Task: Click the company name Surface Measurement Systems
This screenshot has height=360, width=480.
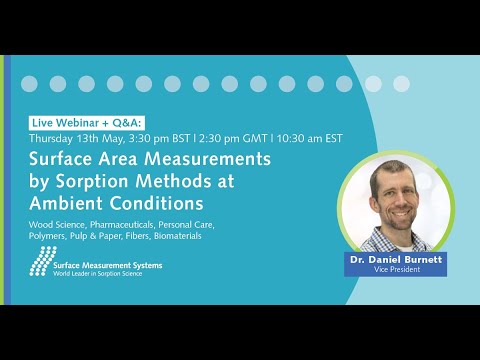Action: [108, 264]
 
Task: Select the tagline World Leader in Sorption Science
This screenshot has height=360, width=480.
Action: [98, 274]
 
